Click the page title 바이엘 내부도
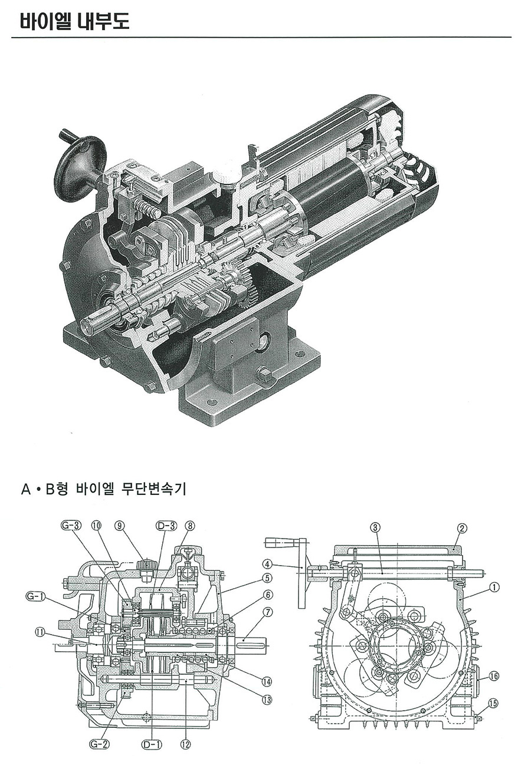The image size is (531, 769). (74, 22)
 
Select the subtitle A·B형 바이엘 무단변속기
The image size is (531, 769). (103, 489)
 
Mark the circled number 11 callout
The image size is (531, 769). (40, 632)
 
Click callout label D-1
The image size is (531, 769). (151, 744)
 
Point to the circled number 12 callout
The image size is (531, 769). (185, 744)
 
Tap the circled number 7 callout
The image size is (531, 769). (268, 612)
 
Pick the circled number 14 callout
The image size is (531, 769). (267, 682)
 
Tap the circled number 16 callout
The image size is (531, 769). (494, 676)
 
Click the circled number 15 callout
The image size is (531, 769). (494, 703)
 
